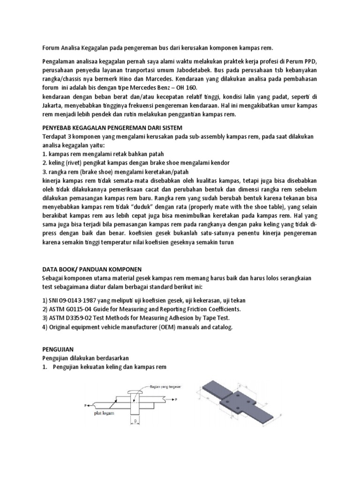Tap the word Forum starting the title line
pyautogui.click(x=52, y=48)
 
